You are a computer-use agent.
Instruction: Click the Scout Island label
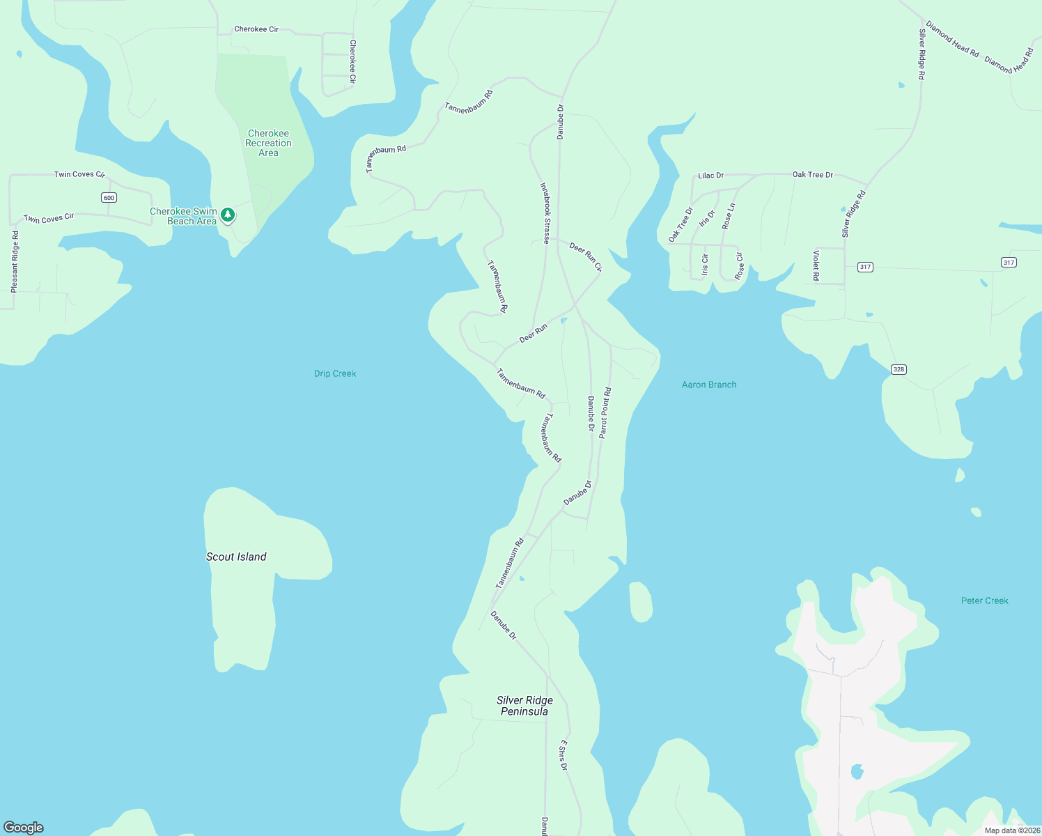coord(236,557)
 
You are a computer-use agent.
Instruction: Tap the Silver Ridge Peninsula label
coord(524,706)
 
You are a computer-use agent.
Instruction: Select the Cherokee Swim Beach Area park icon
coord(228,215)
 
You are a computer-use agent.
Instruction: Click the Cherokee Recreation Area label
coord(268,143)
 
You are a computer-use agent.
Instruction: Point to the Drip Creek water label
coord(335,374)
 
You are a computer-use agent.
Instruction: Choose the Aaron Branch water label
coord(709,385)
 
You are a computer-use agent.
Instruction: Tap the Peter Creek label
coord(984,601)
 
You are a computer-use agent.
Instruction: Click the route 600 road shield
coord(109,198)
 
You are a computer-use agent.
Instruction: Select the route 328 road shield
coord(899,369)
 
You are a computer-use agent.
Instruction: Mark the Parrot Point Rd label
coord(605,412)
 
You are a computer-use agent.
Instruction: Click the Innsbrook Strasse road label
coord(545,213)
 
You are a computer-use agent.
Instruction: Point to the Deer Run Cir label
coord(586,257)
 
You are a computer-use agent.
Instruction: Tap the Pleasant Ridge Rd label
coord(15,261)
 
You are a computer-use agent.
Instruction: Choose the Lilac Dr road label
coord(711,176)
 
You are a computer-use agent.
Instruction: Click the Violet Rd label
coord(816,265)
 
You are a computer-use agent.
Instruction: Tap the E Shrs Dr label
coord(563,755)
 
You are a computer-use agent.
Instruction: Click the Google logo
coord(24,828)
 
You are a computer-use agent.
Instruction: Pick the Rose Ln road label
coord(729,217)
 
